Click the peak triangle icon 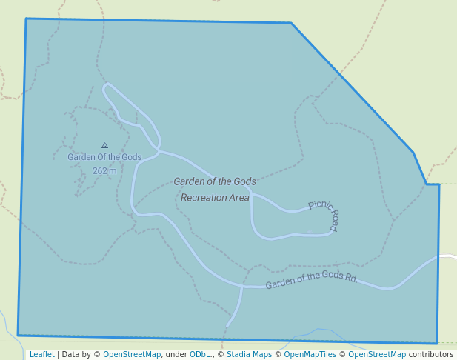(x=104, y=146)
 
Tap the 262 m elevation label (x=104, y=171)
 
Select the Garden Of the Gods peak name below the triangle (x=104, y=157)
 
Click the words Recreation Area (x=215, y=198)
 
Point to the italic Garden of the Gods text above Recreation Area (x=215, y=181)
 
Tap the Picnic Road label (x=325, y=216)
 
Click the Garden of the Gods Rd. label (x=312, y=279)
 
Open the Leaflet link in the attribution (x=42, y=354)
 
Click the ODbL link (x=200, y=354)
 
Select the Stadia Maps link (x=249, y=354)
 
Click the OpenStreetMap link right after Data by (x=132, y=354)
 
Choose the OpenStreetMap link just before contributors (x=377, y=354)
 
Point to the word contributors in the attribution (x=431, y=354)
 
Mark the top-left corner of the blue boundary (x=26, y=19)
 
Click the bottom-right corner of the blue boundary (x=438, y=344)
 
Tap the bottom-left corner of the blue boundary (x=18, y=336)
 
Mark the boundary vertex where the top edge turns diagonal (x=290, y=23)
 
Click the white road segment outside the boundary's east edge (x=448, y=257)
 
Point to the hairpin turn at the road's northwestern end (x=107, y=87)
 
